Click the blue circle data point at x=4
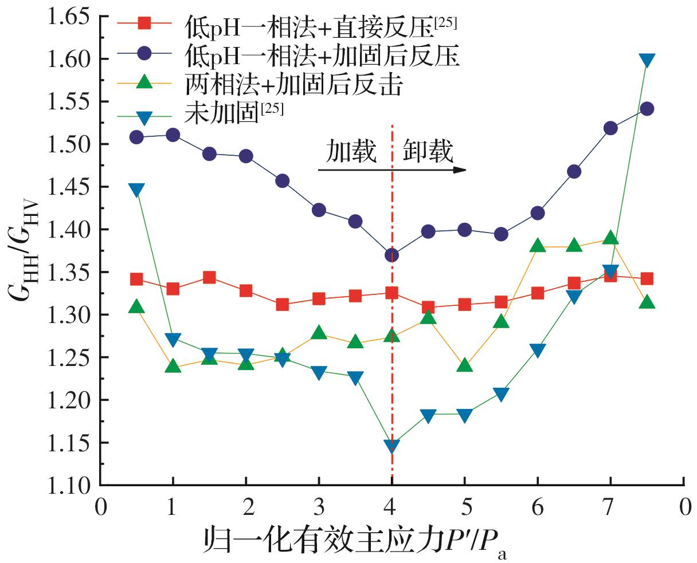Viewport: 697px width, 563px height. pos(392,255)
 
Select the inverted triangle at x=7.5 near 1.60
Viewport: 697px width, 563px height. pos(647,60)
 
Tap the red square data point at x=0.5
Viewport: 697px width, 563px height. pos(136,279)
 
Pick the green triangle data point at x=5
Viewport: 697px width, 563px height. pos(465,365)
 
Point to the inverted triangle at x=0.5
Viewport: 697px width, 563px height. pos(136,190)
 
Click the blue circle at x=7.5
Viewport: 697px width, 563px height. pos(647,109)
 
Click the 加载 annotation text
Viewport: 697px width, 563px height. pos(352,152)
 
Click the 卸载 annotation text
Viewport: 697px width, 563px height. pos(427,152)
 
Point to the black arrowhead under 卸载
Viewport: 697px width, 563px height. pos(460,170)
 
